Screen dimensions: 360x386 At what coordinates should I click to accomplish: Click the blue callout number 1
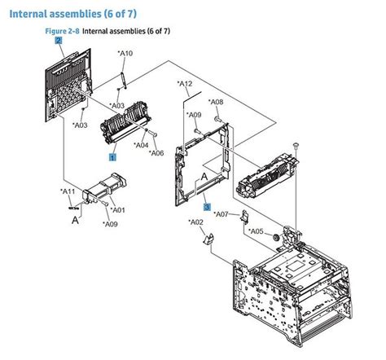[112, 154]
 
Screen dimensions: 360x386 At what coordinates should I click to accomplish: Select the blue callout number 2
[58, 40]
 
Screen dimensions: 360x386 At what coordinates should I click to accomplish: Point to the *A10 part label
[125, 54]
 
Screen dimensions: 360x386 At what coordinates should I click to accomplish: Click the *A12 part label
[185, 84]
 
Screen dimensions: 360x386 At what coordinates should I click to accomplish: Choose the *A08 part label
[216, 102]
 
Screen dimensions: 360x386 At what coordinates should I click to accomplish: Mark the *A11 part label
[68, 191]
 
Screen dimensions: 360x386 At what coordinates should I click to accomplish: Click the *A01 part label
[117, 210]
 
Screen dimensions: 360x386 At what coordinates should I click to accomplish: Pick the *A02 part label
[195, 222]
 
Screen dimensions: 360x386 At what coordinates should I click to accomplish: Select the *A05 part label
[257, 231]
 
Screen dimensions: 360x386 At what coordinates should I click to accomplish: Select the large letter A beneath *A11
[75, 220]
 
